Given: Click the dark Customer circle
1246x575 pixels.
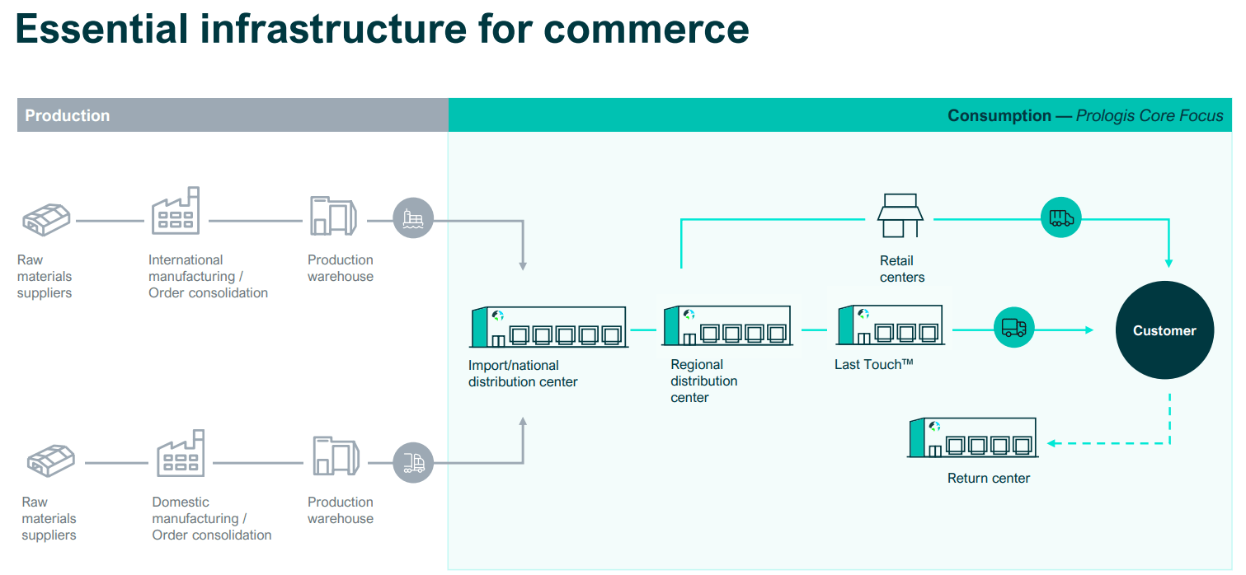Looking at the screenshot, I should (1164, 330).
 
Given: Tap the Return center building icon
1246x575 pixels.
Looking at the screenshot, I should (971, 437).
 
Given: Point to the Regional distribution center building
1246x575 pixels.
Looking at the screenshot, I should (726, 325).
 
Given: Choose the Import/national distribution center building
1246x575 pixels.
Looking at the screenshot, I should (548, 327).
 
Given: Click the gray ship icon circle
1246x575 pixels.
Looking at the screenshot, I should (412, 219).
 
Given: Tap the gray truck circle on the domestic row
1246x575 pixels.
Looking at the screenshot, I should (412, 463).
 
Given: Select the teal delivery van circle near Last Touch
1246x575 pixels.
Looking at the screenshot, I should (1013, 328).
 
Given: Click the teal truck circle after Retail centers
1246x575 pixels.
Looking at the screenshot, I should (1060, 217).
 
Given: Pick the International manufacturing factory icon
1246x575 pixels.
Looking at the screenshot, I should (176, 211).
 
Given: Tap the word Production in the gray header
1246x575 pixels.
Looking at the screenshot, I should (68, 115).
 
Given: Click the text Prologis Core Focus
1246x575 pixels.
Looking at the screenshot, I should (1150, 115).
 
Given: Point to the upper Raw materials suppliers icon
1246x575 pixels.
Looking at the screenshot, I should (46, 218).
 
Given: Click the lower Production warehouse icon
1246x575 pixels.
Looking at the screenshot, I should (336, 456).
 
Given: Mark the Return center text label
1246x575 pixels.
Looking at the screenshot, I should (989, 478).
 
